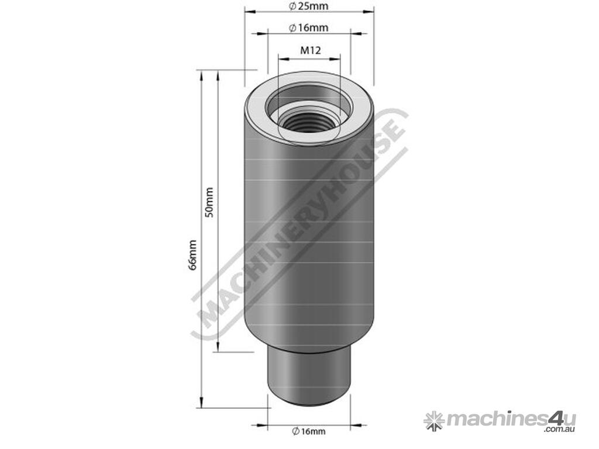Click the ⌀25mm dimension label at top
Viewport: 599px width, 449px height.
pyautogui.click(x=309, y=6)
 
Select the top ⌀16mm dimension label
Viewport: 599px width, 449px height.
pyautogui.click(x=309, y=28)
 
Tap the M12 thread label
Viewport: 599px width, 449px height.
pyautogui.click(x=310, y=50)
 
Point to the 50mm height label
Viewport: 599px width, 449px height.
pyautogui.click(x=210, y=202)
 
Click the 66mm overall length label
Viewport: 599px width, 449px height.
pyautogui.click(x=193, y=255)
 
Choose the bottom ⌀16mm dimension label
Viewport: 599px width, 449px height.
pyautogui.click(x=309, y=431)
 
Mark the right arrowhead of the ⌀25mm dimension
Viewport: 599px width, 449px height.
pyautogui.click(x=369, y=12)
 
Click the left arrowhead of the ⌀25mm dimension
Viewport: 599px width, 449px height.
pyautogui.click(x=250, y=12)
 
